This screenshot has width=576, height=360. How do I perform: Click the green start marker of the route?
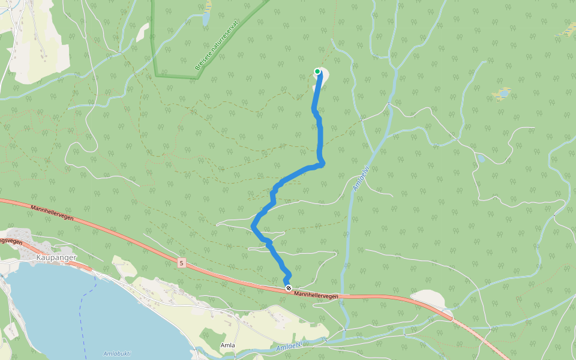(317, 71)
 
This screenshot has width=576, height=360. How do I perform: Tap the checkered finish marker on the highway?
(289, 289)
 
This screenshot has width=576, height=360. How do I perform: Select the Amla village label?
(227, 345)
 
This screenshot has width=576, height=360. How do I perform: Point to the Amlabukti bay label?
(117, 353)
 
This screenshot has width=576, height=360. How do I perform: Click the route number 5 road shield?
(181, 262)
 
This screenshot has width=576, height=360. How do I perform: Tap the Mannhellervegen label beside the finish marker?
(316, 295)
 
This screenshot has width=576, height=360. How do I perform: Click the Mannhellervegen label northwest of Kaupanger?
(52, 212)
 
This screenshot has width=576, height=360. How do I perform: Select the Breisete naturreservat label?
(217, 45)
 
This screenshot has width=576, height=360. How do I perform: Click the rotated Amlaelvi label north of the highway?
(359, 178)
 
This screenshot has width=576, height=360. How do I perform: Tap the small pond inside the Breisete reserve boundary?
(206, 19)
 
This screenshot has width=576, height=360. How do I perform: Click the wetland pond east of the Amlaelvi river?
(502, 94)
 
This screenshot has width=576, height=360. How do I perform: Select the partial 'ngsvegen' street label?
(11, 241)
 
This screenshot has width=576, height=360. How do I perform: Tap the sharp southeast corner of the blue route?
(322, 163)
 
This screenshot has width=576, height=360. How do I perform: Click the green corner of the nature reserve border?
(156, 75)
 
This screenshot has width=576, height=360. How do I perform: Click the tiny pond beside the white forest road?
(481, 158)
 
